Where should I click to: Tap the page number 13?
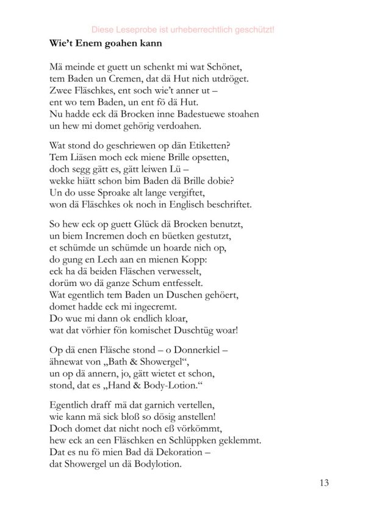pyautogui.click(x=323, y=484)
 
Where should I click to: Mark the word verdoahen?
pyautogui.click(x=167, y=125)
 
